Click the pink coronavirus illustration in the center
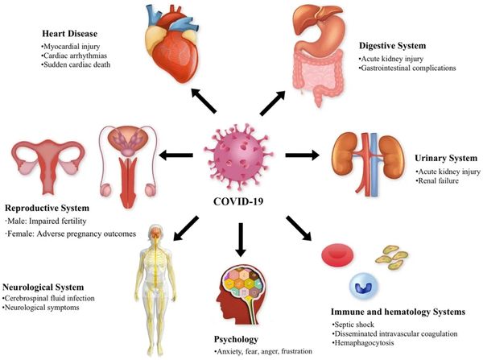tap(242, 153)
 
